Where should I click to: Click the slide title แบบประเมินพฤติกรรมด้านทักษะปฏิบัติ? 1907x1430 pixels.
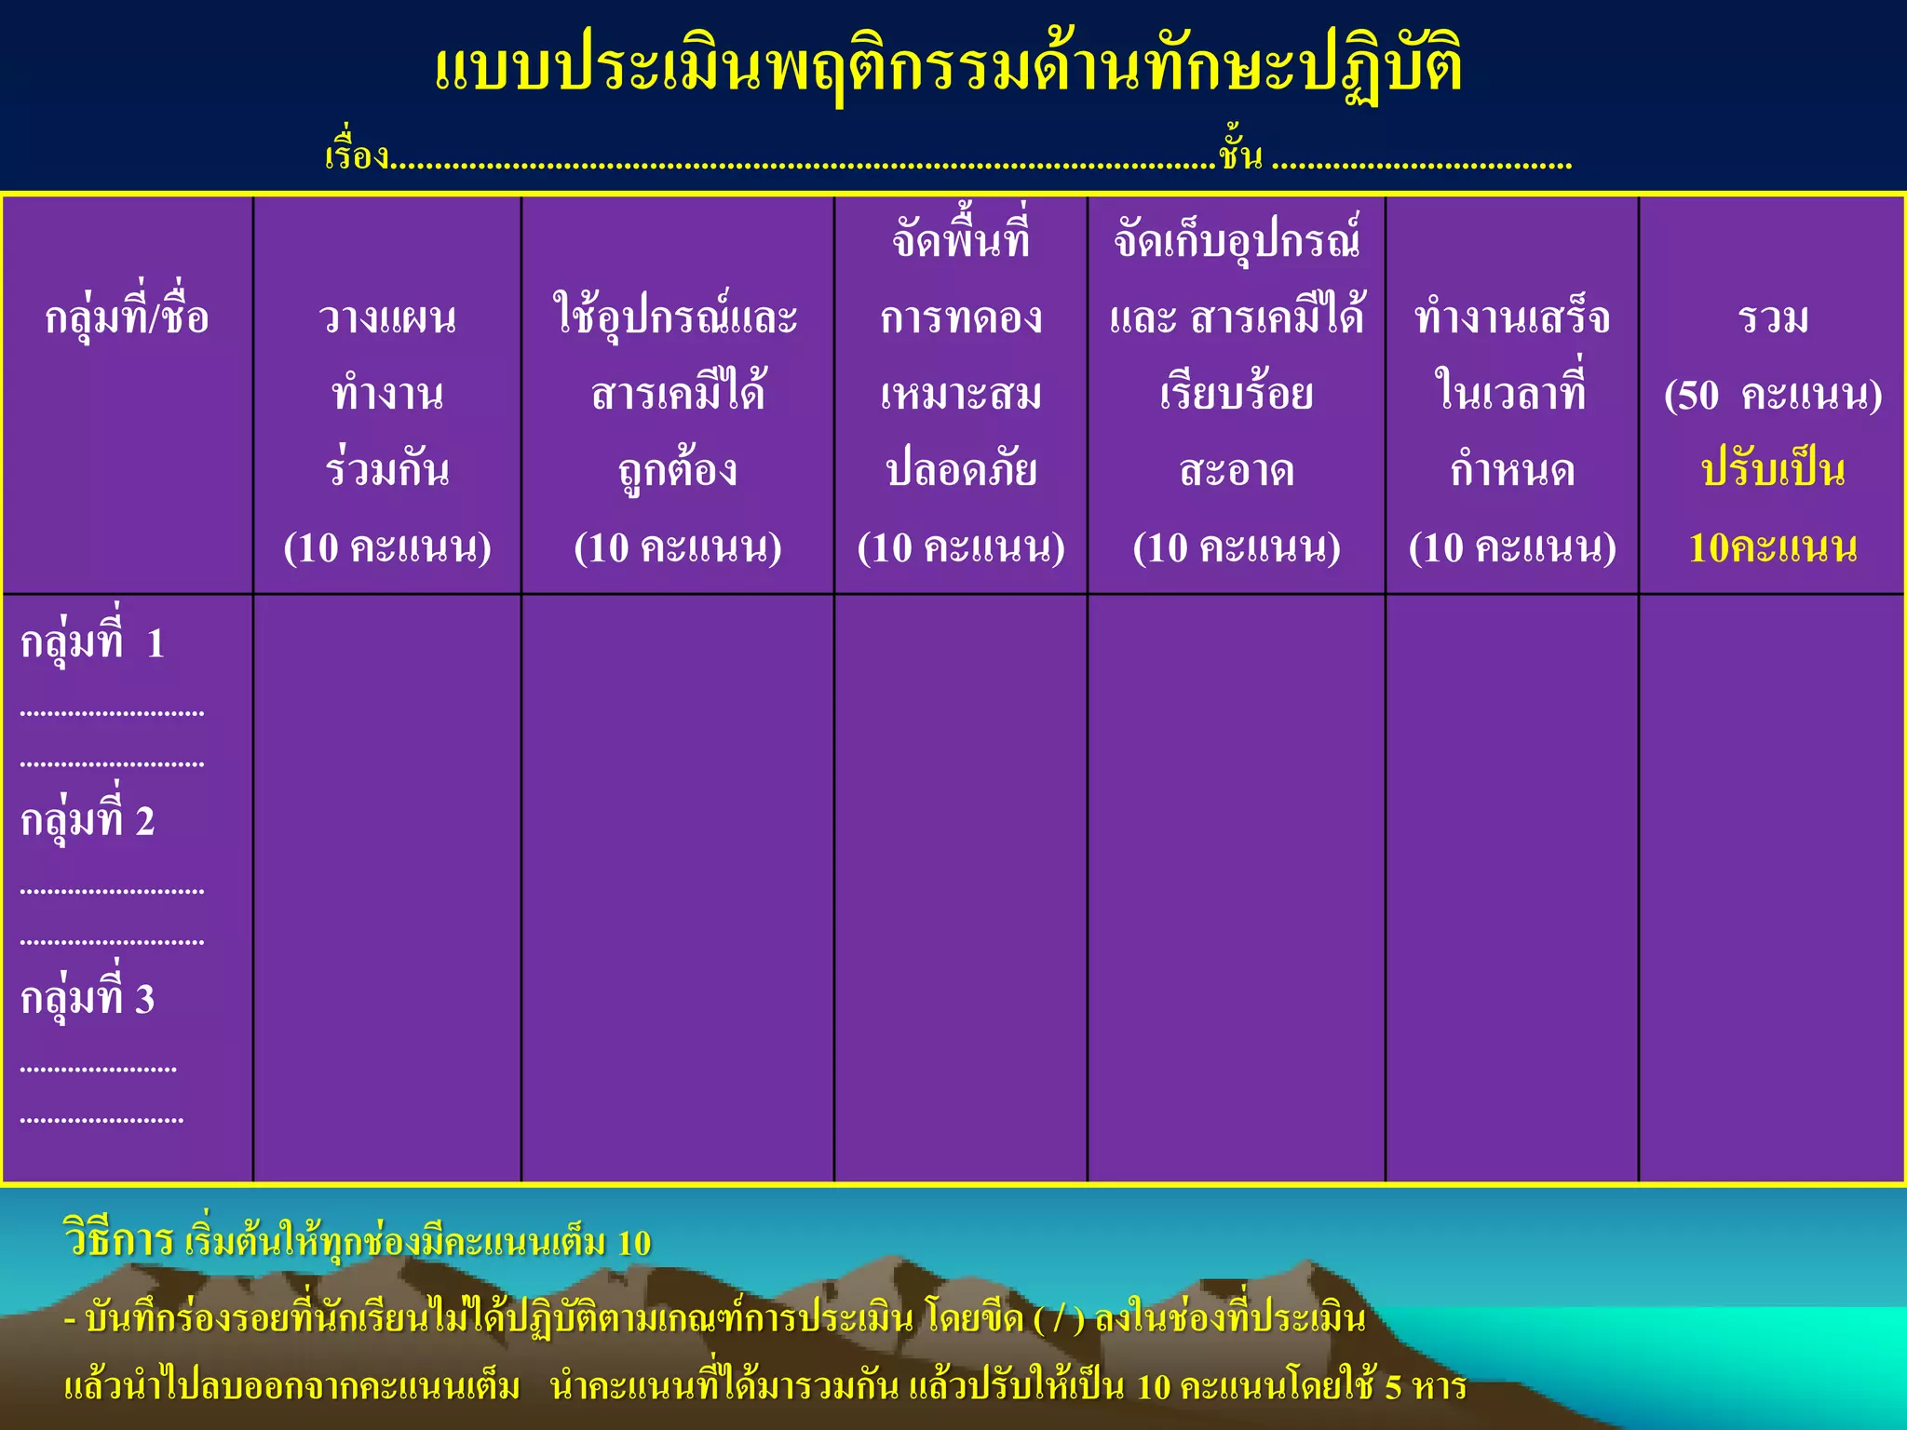click(948, 69)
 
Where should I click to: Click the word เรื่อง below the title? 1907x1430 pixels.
click(357, 155)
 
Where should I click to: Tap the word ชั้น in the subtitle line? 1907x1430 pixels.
click(1240, 155)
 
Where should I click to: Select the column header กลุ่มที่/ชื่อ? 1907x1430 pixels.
click(127, 317)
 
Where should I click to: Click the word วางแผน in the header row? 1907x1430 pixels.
click(387, 317)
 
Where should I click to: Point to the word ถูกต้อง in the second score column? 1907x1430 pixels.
click(677, 470)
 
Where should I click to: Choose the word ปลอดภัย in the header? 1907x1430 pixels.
click(961, 470)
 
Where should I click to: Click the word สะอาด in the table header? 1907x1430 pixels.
click(1237, 470)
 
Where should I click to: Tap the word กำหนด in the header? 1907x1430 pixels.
click(1512, 470)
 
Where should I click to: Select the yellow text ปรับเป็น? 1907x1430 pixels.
click(1773, 470)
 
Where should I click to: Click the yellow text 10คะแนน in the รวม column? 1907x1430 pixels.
click(1773, 547)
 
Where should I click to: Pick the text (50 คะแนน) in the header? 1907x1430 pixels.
click(1773, 395)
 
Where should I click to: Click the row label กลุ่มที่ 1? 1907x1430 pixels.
click(92, 642)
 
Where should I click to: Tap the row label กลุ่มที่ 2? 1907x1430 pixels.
click(88, 820)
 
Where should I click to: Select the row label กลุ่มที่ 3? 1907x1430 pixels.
click(88, 998)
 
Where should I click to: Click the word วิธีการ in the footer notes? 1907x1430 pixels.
click(118, 1241)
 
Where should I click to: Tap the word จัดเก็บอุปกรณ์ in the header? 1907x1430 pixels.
click(1237, 241)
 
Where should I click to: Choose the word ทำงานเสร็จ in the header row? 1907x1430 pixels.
click(1512, 317)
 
